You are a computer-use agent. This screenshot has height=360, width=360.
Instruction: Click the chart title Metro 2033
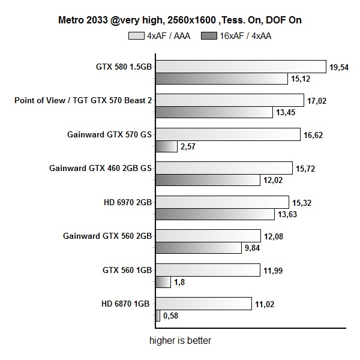(x=179, y=20)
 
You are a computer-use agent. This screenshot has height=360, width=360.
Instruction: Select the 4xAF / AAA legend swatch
(x=136, y=36)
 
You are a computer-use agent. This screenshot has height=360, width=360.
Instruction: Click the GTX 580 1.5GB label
(x=124, y=67)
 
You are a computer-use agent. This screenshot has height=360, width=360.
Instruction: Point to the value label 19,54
(x=339, y=67)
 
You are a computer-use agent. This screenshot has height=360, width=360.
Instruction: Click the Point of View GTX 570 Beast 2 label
(x=83, y=100)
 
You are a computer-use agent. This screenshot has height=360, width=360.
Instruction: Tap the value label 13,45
(x=285, y=112)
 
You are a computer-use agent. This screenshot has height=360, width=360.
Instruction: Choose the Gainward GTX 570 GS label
(x=109, y=134)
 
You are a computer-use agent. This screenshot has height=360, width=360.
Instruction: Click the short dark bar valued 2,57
(x=166, y=146)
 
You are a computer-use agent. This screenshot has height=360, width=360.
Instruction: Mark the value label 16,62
(x=313, y=135)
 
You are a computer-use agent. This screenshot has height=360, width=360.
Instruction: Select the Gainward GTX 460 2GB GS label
(x=100, y=168)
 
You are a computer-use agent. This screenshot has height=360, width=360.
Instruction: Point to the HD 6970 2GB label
(x=127, y=202)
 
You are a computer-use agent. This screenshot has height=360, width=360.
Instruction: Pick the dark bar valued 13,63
(x=214, y=214)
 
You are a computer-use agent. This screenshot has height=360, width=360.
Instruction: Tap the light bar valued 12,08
(x=208, y=236)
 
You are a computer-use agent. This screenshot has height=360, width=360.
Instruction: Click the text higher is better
(x=180, y=341)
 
